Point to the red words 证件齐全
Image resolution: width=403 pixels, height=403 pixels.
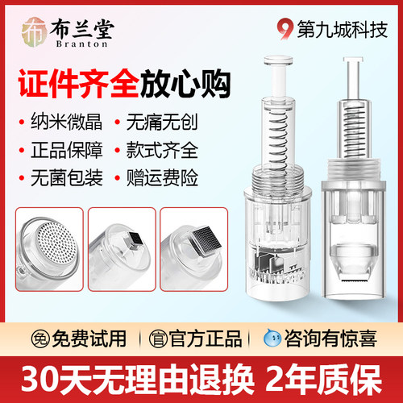tap(71, 84)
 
